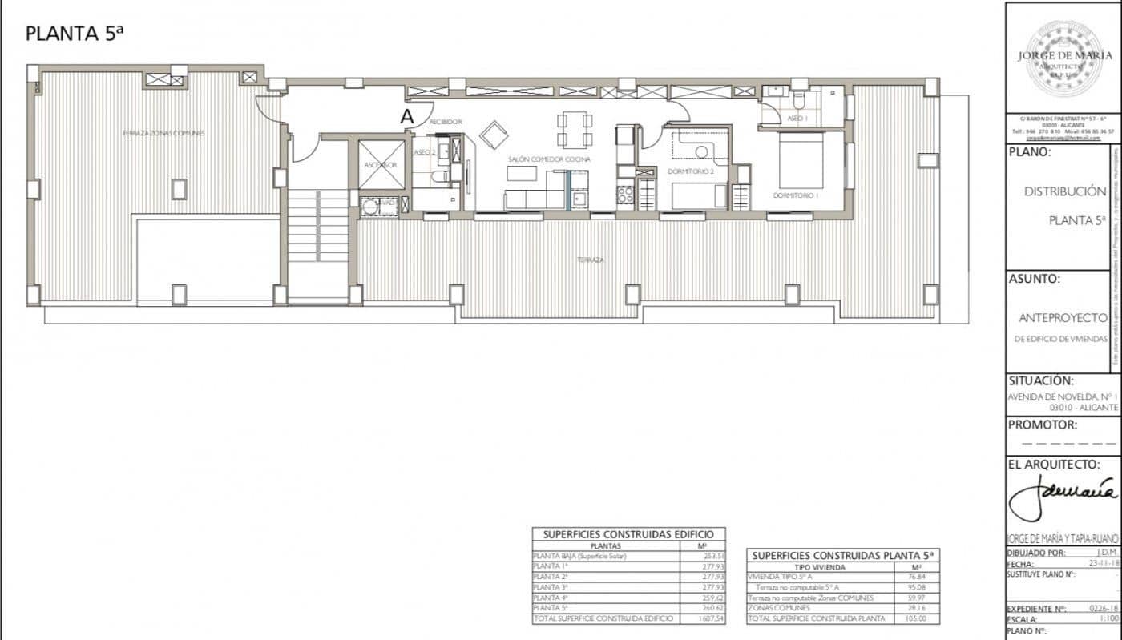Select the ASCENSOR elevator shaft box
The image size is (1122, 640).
[381, 164]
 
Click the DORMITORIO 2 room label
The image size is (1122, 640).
[690, 171]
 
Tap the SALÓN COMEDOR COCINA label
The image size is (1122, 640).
[549, 159]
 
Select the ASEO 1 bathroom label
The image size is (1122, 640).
[797, 118]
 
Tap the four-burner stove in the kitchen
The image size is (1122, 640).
[624, 195]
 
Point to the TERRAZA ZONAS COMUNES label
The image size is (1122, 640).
[163, 133]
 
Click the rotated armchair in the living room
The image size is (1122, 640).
[494, 135]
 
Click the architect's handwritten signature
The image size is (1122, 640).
[1062, 497]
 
